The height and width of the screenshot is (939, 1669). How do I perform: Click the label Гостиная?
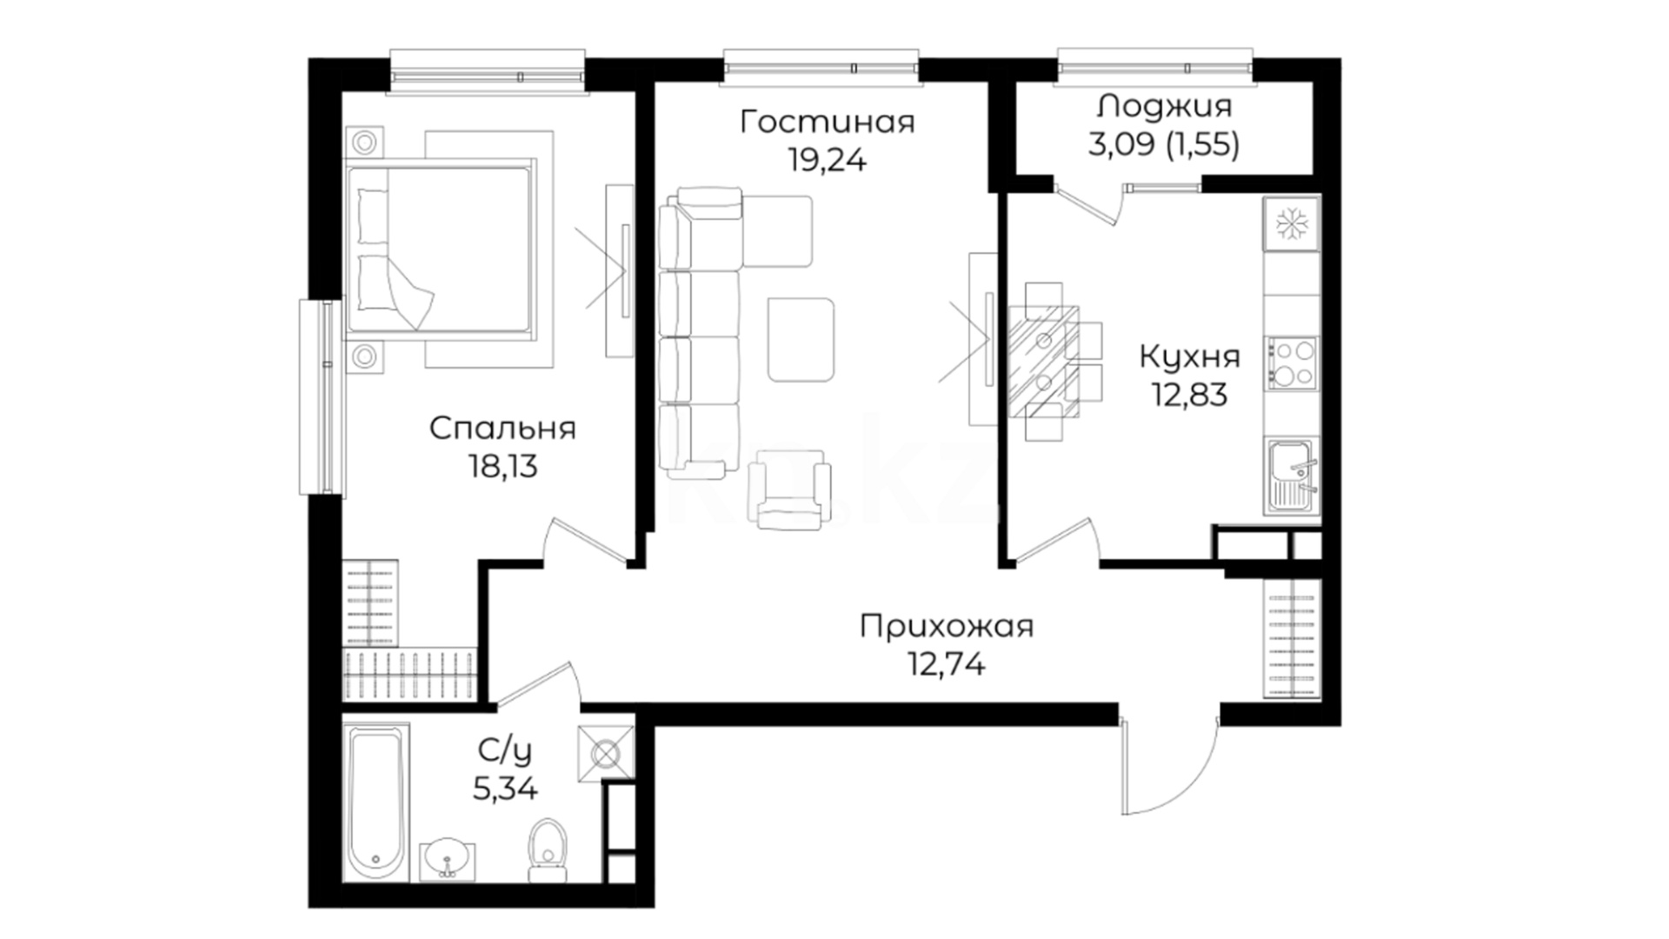click(x=828, y=122)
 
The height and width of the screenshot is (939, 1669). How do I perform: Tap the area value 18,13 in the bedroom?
click(x=503, y=467)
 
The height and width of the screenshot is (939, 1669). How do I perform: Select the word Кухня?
click(x=1189, y=356)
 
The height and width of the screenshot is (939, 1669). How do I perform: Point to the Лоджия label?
click(x=1165, y=106)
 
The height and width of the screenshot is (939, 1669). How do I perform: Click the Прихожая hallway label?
click(x=947, y=626)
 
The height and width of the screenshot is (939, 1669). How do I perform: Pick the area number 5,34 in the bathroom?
click(x=505, y=789)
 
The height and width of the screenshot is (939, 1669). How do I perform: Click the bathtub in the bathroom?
click(x=376, y=802)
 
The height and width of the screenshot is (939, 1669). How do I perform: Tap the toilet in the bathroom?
click(x=547, y=842)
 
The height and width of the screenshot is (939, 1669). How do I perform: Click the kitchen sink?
click(x=1292, y=476)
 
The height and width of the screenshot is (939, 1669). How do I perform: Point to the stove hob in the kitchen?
click(x=1292, y=363)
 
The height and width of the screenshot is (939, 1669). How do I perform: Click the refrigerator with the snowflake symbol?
click(x=1292, y=224)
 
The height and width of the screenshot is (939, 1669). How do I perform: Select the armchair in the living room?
click(x=789, y=489)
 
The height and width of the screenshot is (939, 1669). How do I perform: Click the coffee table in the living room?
click(x=801, y=339)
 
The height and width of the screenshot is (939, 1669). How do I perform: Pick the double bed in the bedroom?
click(x=440, y=248)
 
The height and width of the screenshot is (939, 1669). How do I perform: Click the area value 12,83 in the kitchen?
click(x=1189, y=395)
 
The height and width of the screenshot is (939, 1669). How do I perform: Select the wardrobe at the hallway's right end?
click(x=1293, y=639)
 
